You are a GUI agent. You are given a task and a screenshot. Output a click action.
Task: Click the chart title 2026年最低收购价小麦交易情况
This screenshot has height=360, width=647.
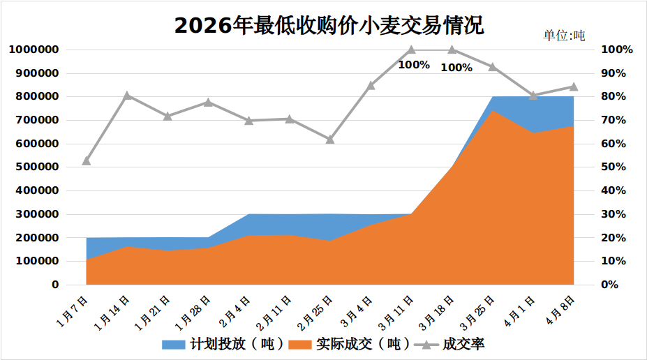pyautogui.click(x=329, y=25)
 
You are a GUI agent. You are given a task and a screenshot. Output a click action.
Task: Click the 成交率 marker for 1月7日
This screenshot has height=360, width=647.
pyautogui.click(x=87, y=160)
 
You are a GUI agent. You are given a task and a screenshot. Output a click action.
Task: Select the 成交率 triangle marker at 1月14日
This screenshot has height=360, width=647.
pyautogui.click(x=127, y=96)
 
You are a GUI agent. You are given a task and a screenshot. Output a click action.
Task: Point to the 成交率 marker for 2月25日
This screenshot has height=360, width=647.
pyautogui.click(x=330, y=140)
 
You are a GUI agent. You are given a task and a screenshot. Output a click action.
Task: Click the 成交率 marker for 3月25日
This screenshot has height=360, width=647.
pyautogui.click(x=493, y=67)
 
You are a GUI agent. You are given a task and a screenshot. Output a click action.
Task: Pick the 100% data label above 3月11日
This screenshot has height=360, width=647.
pyautogui.click(x=414, y=65)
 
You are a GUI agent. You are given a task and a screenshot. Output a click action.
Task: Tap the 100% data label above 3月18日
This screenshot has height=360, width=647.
pyautogui.click(x=456, y=68)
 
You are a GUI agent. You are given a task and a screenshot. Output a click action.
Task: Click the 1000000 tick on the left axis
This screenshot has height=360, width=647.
pyautogui.click(x=34, y=50)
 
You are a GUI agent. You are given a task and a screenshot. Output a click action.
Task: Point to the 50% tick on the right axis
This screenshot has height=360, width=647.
pyautogui.click(x=616, y=167)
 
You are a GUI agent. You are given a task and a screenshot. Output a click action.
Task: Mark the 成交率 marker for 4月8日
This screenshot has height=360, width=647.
pyautogui.click(x=574, y=87)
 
